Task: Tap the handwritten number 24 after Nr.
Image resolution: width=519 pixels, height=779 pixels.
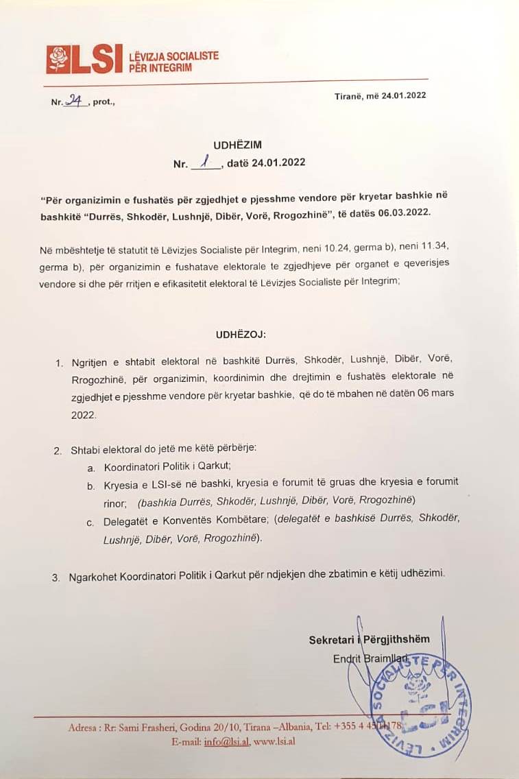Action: [x=74, y=101]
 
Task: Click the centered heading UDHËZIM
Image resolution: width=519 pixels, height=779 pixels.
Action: [x=238, y=145]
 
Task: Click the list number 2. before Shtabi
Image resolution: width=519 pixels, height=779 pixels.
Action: [x=58, y=451]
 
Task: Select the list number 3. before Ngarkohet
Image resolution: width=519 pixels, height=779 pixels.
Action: [x=56, y=577]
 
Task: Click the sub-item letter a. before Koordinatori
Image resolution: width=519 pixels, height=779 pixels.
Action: [x=90, y=466]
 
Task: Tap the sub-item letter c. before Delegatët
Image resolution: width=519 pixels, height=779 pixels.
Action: [x=90, y=523]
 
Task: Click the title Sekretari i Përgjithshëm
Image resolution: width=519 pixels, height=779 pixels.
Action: [x=369, y=639]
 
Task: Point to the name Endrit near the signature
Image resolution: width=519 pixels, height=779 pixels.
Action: [x=345, y=659]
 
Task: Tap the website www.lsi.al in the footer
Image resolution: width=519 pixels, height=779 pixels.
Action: [x=274, y=741]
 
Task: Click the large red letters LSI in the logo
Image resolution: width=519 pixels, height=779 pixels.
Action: [x=97, y=60]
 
